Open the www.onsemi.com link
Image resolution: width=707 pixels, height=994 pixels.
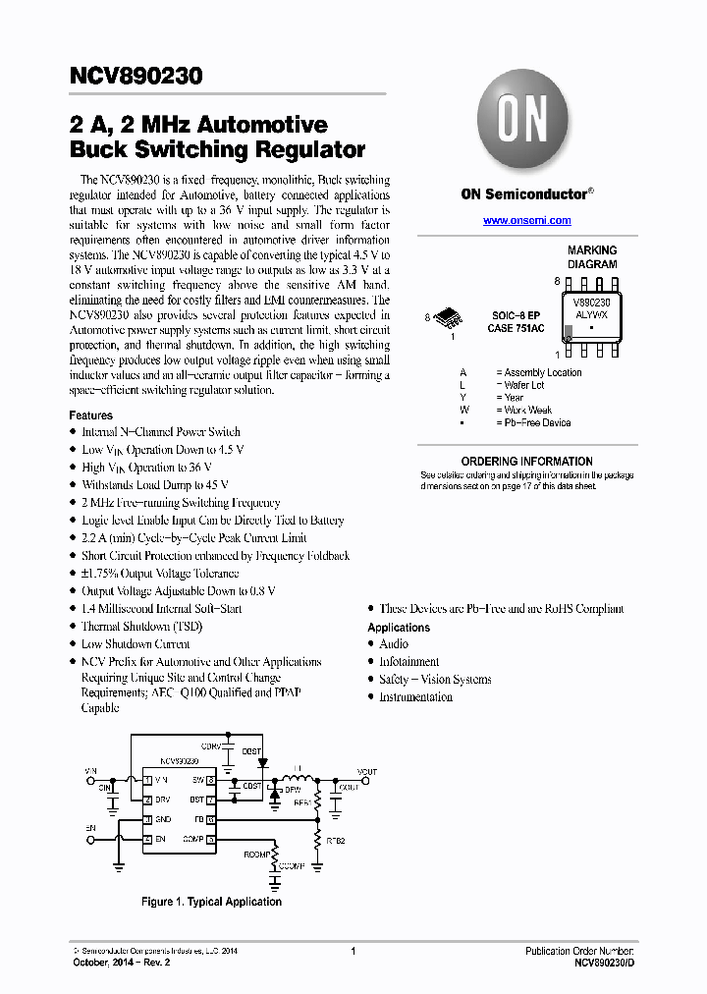click(x=526, y=221)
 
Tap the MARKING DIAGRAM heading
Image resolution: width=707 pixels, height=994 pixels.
click(x=592, y=257)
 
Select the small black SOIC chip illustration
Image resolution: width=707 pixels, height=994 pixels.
click(x=450, y=317)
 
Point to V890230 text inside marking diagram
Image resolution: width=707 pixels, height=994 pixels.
click(x=591, y=304)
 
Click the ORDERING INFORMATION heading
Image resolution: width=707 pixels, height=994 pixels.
click(x=526, y=461)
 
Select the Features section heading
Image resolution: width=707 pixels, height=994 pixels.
click(x=90, y=415)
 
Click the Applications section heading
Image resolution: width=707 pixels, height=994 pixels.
click(x=399, y=627)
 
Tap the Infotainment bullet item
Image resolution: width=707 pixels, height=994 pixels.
click(x=409, y=662)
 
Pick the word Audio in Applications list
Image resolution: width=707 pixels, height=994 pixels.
click(x=394, y=644)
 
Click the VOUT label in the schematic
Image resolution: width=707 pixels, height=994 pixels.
click(x=366, y=772)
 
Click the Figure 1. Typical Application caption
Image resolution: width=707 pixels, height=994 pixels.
click(x=211, y=902)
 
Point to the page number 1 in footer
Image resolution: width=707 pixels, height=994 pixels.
click(x=353, y=951)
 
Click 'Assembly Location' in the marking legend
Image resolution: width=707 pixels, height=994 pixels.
click(x=543, y=372)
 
